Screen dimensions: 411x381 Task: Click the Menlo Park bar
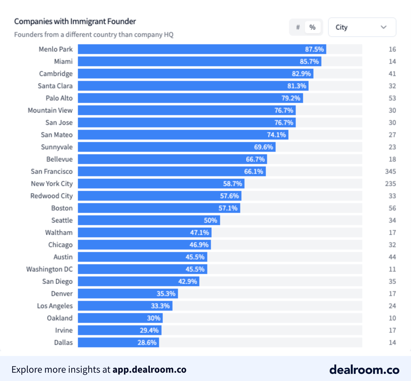point(202,49)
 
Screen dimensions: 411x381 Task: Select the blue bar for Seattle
point(149,220)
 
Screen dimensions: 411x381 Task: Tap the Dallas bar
point(119,342)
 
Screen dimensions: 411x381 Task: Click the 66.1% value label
point(254,171)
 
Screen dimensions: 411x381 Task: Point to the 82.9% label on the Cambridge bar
point(301,74)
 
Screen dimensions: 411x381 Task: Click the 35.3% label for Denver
point(166,294)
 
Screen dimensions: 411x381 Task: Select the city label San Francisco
point(52,171)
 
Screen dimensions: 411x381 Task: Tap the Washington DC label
point(49,269)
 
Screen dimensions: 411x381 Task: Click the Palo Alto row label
point(59,98)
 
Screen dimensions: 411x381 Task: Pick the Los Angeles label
point(55,306)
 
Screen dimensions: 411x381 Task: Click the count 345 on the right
point(390,171)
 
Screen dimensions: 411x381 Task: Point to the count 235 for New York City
point(390,184)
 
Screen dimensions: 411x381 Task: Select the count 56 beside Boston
point(392,208)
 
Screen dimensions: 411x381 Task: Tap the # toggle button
point(298,27)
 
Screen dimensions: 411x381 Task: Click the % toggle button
point(312,27)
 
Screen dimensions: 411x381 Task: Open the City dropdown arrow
point(383,27)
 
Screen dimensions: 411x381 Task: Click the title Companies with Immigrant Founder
point(75,21)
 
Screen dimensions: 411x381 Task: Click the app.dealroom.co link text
point(149,370)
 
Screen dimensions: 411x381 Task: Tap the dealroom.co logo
point(364,370)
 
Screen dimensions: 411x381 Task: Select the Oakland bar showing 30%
point(120,318)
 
